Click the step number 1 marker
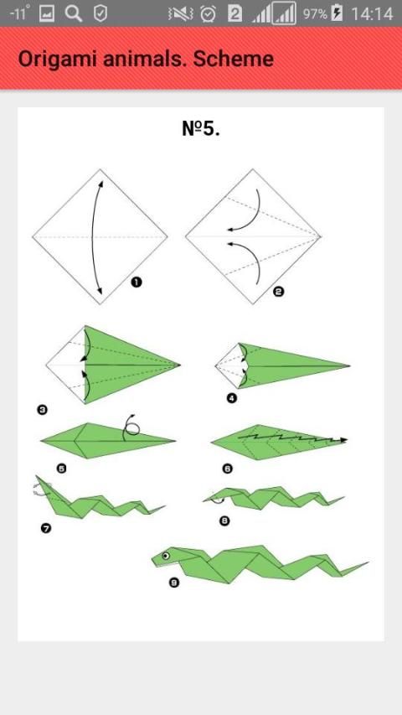point(136,282)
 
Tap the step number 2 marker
point(278,291)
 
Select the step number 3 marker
point(43,411)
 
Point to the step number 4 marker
point(231,398)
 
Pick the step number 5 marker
point(61,469)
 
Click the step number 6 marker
point(228,469)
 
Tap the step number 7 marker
point(46,529)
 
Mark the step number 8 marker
point(224,521)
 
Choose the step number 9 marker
point(173,583)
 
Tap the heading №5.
point(201,128)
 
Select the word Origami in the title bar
point(57,60)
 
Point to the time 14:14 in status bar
point(372,13)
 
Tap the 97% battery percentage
point(315,13)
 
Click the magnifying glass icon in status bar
point(74,13)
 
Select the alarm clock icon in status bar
point(209,13)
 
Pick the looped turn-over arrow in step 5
point(130,427)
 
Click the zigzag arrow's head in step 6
point(343,440)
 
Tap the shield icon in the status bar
point(100,13)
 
